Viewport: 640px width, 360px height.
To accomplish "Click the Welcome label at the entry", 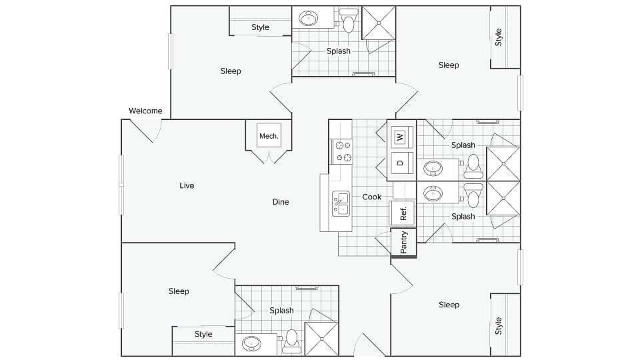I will [145, 111].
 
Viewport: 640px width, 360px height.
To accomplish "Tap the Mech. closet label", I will [269, 136].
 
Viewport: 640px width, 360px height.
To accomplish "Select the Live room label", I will [187, 185].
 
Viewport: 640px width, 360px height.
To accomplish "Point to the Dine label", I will [281, 201].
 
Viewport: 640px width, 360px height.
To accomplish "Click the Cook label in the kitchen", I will [372, 197].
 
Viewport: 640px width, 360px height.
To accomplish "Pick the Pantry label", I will [403, 242].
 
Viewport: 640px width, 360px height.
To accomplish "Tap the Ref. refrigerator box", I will [403, 213].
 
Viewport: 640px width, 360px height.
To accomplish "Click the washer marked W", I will [400, 137].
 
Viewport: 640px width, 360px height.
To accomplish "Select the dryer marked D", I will [400, 163].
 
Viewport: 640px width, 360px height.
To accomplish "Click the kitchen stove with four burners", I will [343, 151].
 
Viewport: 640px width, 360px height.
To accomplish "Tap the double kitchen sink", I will [341, 203].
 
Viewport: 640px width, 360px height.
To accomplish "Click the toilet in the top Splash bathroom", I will [348, 21].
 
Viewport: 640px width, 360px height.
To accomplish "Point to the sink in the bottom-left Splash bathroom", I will [251, 343].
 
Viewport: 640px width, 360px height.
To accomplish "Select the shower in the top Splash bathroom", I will [379, 23].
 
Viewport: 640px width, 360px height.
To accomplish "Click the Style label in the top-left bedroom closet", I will [260, 27].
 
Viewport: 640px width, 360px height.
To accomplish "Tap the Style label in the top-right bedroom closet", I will [498, 37].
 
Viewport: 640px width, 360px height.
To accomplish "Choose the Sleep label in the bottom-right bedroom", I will [449, 305].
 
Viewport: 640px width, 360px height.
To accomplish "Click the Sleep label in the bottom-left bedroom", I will [179, 291].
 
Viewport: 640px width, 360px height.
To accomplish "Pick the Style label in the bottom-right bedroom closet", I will [498, 325].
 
